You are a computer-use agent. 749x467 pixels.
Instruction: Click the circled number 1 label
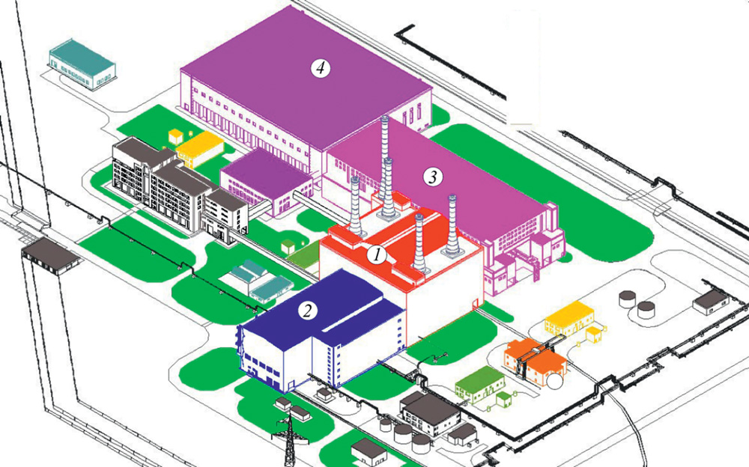[379, 254]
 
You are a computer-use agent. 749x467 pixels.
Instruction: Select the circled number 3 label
[432, 177]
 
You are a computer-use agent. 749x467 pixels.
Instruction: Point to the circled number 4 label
[321, 68]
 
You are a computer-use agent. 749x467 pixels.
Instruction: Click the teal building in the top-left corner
[83, 65]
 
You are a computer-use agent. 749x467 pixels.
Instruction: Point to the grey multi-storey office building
[172, 187]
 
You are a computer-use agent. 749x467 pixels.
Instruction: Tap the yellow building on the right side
[569, 318]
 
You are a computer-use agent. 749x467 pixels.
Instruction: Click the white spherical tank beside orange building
[555, 380]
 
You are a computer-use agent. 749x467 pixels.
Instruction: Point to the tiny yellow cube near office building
[176, 135]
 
